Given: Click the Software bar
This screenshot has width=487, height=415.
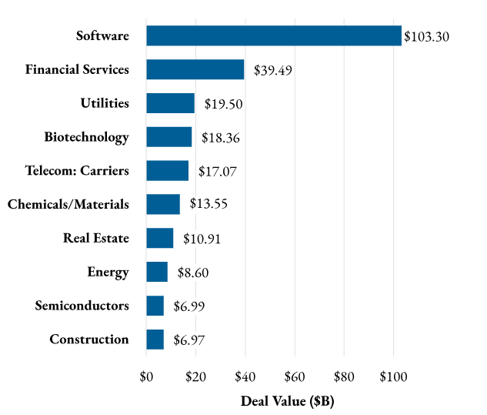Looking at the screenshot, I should click(x=274, y=35).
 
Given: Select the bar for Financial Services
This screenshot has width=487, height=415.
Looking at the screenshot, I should click(x=195, y=69).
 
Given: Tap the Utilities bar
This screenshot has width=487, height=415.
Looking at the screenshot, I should click(x=170, y=103).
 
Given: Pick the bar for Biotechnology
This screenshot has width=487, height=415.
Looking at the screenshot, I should click(x=168, y=137).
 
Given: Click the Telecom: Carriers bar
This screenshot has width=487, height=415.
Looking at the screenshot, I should click(x=167, y=170).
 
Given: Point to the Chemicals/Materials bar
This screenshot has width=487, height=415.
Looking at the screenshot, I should click(x=162, y=204).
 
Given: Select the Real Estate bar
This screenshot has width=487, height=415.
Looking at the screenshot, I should click(x=159, y=238).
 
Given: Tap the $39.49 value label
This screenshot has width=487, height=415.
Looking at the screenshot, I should click(x=273, y=70).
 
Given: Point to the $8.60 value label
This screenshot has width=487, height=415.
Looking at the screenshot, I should click(x=193, y=273).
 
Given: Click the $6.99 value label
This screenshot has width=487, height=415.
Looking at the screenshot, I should click(x=189, y=306).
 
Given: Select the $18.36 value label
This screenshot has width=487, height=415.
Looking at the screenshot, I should click(x=221, y=138).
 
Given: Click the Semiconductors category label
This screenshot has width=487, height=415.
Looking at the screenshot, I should click(x=82, y=306).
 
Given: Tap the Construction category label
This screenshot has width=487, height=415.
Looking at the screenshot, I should click(x=89, y=340).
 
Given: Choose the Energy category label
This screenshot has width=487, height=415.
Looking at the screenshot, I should click(x=108, y=272).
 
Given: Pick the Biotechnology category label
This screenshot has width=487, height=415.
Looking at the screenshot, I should click(x=86, y=137).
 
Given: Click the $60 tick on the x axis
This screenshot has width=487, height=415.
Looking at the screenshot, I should click(x=295, y=377).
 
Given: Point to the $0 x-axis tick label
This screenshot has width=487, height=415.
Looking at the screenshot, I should click(x=146, y=377).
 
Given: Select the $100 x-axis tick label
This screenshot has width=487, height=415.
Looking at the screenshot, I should click(x=393, y=377).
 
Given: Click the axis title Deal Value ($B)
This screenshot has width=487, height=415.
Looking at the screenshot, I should click(x=288, y=401).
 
